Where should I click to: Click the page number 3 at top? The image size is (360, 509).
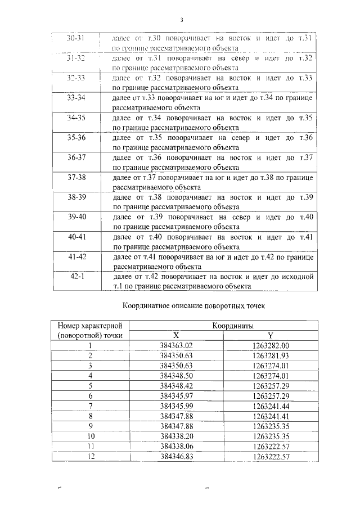(181, 21)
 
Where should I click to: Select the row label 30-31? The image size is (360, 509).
(75, 38)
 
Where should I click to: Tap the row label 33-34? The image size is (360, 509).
(75, 98)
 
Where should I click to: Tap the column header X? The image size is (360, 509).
(176, 335)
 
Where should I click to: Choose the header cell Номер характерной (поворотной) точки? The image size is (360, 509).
(90, 330)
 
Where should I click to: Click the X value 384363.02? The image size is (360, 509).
(176, 345)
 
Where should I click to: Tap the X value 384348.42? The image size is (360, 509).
(176, 385)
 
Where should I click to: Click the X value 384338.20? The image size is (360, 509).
(176, 435)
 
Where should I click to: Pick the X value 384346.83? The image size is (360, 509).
(176, 456)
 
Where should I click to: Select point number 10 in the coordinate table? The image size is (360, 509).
(90, 435)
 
